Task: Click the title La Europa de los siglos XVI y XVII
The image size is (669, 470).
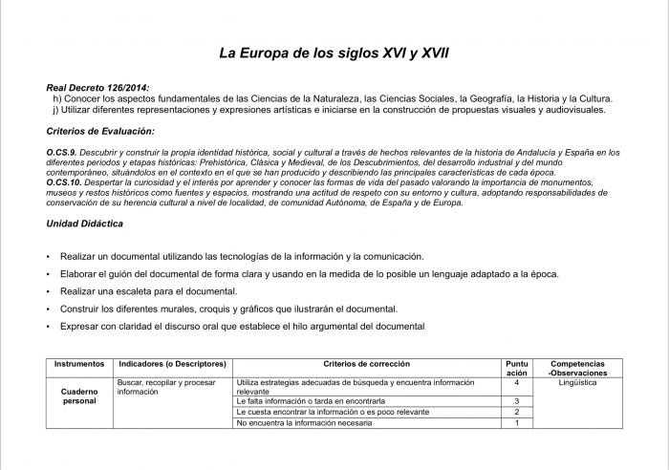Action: [x=334, y=53]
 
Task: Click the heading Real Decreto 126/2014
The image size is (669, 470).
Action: [x=97, y=88]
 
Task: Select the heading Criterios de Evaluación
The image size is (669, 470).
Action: [x=100, y=131]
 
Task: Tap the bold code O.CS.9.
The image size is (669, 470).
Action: [x=62, y=153]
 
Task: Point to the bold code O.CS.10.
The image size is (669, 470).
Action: [x=64, y=182]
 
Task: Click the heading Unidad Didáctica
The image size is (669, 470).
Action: [x=84, y=224]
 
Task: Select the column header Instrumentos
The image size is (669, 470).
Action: [x=79, y=364]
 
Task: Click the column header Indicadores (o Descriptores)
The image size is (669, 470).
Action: [x=172, y=364]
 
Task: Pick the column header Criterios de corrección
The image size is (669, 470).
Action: [x=367, y=364]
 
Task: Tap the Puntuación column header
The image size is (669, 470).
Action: [x=516, y=368]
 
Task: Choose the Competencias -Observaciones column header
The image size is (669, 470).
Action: [x=577, y=368]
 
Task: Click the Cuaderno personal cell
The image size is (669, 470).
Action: [x=79, y=396]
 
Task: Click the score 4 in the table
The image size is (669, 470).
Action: [x=516, y=382]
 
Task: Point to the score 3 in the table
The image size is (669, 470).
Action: [x=516, y=401]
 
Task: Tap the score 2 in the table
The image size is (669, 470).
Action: [x=516, y=412]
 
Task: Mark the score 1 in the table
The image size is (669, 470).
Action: [x=516, y=423]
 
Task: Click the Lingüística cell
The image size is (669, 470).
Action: [x=577, y=382]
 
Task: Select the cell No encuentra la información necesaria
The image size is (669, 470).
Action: [x=304, y=423]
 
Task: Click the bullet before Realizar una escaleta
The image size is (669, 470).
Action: [x=48, y=291]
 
